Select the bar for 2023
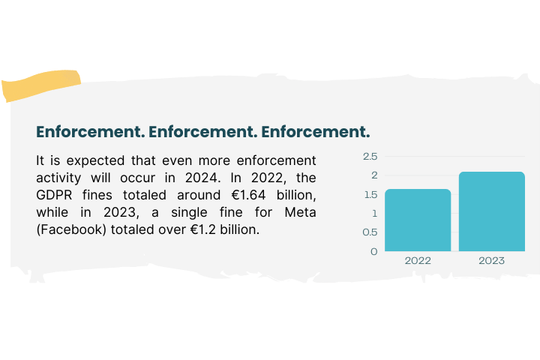[x=491, y=211]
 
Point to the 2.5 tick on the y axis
[x=370, y=156]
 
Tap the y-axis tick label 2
[x=373, y=175]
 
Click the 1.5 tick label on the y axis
[x=370, y=194]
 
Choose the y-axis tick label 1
[x=374, y=213]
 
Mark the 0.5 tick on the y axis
[x=370, y=232]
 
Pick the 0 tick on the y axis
[x=373, y=251]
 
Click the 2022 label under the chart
[x=418, y=261]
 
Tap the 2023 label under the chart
[x=491, y=261]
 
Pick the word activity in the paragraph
[x=59, y=178]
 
